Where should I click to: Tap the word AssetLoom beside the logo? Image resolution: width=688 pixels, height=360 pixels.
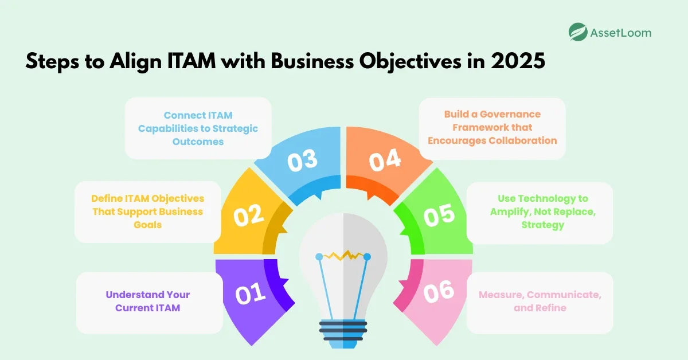click(620, 33)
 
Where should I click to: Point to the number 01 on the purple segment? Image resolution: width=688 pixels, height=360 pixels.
click(250, 294)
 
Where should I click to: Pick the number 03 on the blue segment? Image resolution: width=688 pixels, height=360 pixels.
click(302, 162)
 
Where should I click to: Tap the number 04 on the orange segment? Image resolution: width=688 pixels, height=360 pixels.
click(384, 162)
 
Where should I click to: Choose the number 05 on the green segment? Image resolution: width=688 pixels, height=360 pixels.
click(439, 216)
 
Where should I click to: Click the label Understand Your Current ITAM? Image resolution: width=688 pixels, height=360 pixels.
click(148, 301)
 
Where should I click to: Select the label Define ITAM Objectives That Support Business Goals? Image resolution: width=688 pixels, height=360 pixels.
click(148, 212)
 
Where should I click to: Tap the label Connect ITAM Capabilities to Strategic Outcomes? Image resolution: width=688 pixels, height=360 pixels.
click(198, 128)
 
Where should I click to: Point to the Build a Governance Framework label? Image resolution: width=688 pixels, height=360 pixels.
click(492, 127)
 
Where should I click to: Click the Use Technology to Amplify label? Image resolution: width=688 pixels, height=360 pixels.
click(539, 212)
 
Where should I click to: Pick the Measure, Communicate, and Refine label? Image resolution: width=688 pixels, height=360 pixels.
click(540, 301)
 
